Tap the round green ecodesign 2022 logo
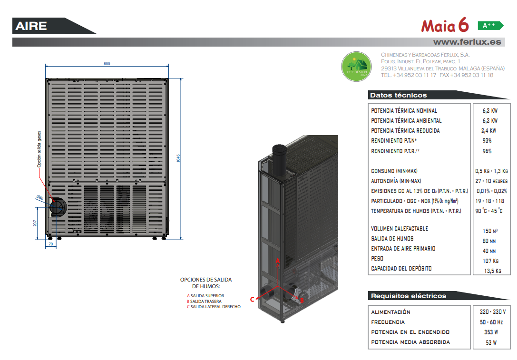(356, 66)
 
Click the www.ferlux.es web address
(467, 42)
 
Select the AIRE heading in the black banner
(31, 26)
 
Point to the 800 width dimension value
(107, 64)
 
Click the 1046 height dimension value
(178, 158)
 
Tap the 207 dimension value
(35, 223)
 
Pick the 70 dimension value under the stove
(51, 244)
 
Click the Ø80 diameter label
(40, 198)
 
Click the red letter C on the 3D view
(252, 299)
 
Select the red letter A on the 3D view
(278, 261)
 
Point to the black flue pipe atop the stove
(279, 162)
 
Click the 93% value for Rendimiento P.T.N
(487, 141)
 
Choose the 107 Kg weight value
(491, 261)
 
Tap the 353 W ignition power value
(491, 332)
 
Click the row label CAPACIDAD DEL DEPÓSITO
(401, 269)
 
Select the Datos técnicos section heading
(398, 95)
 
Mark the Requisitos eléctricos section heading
(409, 296)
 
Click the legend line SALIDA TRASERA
(206, 302)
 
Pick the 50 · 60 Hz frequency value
(491, 322)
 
